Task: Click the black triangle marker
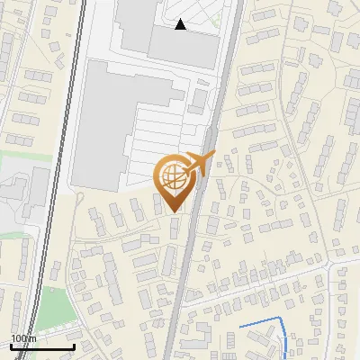pyautogui.click(x=181, y=24)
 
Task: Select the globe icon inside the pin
pyautogui.click(x=174, y=175)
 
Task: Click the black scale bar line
pyautogui.click(x=40, y=346)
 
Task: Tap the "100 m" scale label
pyautogui.click(x=24, y=338)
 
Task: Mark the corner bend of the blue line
pyautogui.click(x=283, y=320)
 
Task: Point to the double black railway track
pyautogui.click(x=56, y=180)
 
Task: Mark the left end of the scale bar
pyautogui.click(x=10, y=346)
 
